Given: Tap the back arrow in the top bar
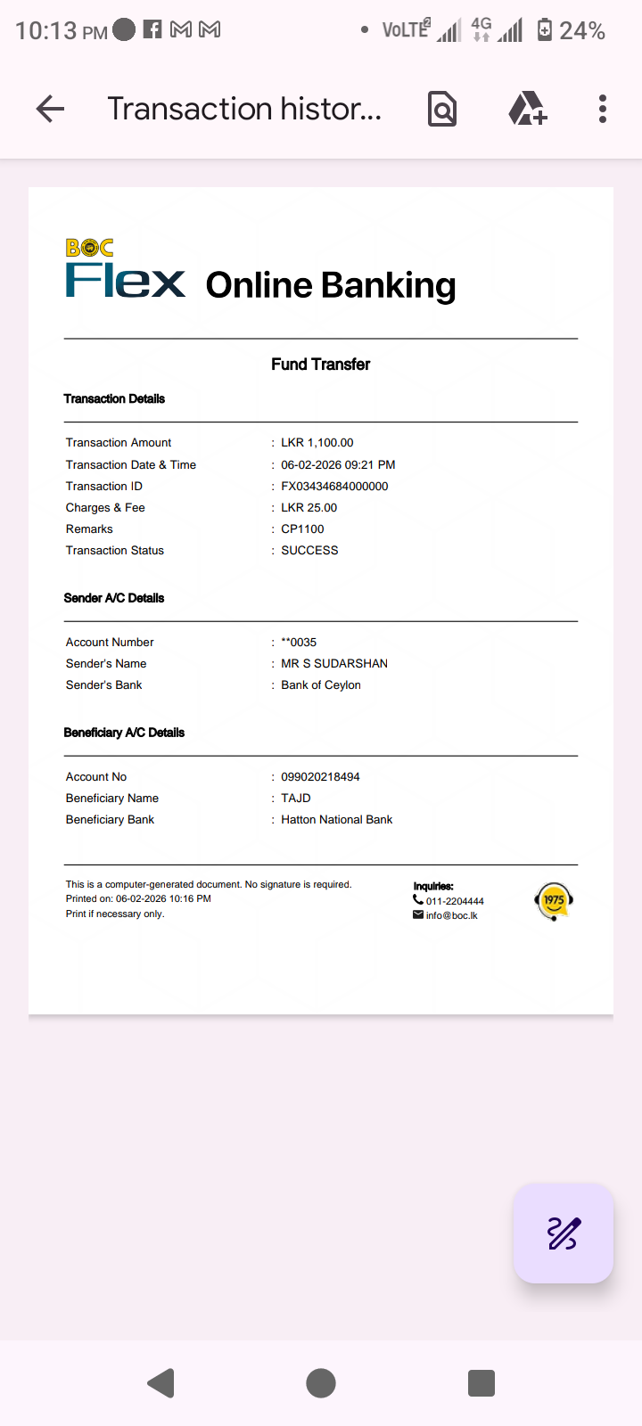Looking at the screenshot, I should click(51, 109).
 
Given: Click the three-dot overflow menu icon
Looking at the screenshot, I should click(603, 109).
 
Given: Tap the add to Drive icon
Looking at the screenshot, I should click(527, 109).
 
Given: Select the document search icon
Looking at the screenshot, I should click(442, 109).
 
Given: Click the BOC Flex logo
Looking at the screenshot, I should click(125, 268).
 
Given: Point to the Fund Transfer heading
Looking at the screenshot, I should click(320, 365).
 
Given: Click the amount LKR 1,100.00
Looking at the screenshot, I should click(317, 443).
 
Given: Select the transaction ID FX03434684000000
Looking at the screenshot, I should click(334, 487).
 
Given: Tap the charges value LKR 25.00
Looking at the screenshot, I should click(309, 508).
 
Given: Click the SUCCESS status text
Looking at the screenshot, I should click(309, 551).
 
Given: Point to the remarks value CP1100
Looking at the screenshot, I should click(302, 529).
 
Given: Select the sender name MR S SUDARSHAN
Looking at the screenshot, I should click(334, 664).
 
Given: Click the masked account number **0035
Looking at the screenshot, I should click(299, 643).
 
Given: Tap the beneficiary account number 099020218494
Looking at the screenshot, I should click(320, 777).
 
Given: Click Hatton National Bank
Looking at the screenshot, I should click(336, 820).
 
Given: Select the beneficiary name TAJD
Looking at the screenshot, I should click(296, 799).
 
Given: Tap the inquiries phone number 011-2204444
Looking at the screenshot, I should click(455, 901).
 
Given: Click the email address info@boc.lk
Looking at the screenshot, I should click(451, 915).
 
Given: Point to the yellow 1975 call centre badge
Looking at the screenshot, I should click(554, 900).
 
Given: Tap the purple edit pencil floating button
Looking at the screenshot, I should click(564, 1233).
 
